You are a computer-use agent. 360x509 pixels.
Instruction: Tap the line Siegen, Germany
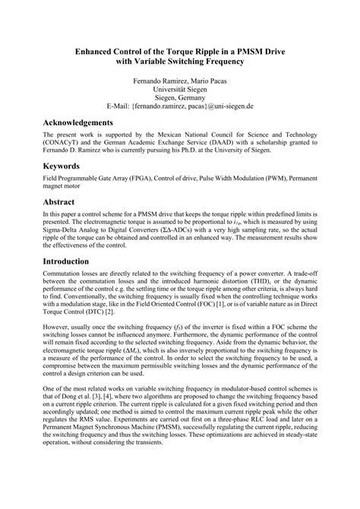tap(179, 98)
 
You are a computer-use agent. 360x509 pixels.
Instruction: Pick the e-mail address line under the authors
tap(179, 108)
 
